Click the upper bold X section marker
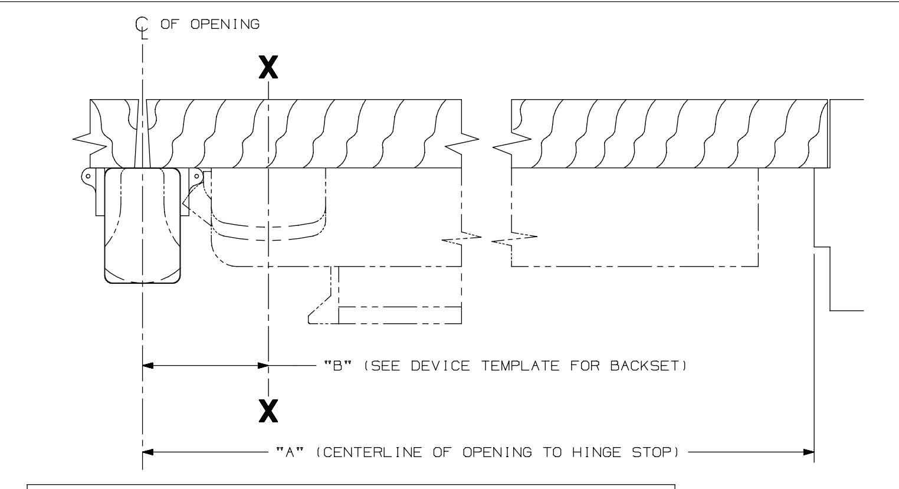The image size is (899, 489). coord(268,70)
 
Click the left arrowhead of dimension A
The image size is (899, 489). coord(149,452)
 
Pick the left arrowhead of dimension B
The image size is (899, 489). coord(149,366)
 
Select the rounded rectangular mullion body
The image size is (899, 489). coord(142,236)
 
